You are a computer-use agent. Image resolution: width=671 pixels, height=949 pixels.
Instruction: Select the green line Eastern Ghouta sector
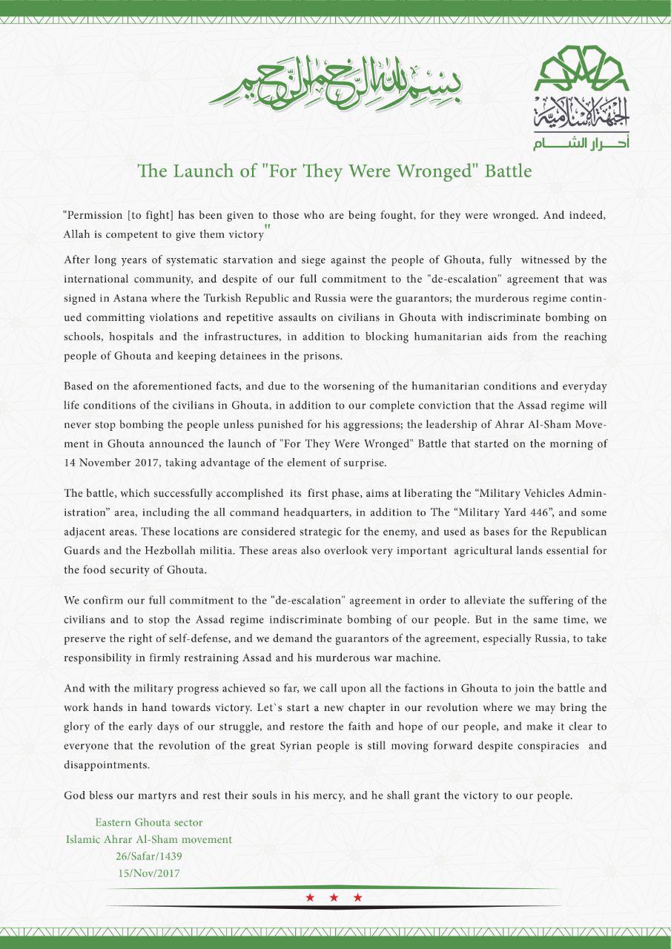click(148, 822)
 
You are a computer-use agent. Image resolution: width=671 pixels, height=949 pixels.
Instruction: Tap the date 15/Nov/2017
click(149, 873)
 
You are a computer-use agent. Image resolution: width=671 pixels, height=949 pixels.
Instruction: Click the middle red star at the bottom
click(334, 898)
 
